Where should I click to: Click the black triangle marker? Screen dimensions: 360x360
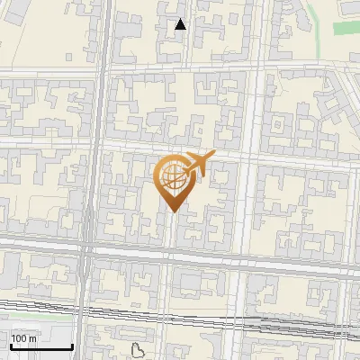tap(181, 25)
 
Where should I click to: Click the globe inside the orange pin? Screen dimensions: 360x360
tap(173, 179)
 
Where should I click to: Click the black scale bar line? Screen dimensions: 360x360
tap(40, 347)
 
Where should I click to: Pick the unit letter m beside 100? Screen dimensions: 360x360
tap(32, 338)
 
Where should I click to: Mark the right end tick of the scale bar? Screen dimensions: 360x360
tap(72, 346)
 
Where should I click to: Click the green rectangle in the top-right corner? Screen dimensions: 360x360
tap(346, 28)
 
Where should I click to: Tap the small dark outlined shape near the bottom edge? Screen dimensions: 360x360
tap(138, 351)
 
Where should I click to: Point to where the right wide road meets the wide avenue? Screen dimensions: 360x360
tap(238, 258)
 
